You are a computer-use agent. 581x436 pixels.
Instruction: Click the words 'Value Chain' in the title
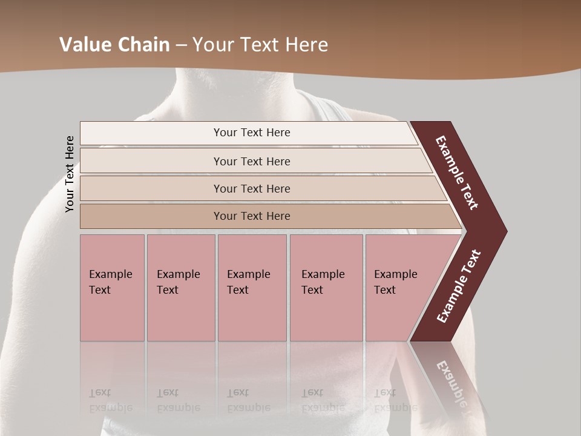(114, 45)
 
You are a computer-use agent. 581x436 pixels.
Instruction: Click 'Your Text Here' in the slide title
(260, 45)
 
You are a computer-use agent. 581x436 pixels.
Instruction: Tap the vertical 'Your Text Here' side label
(70, 174)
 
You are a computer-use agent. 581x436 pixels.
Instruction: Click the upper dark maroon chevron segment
(458, 173)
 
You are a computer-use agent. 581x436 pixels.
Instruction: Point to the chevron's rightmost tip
(505, 231)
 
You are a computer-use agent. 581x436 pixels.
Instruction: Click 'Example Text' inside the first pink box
(110, 282)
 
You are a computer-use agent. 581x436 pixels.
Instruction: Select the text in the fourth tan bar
(252, 216)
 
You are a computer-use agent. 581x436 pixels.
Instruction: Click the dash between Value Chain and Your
(181, 45)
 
